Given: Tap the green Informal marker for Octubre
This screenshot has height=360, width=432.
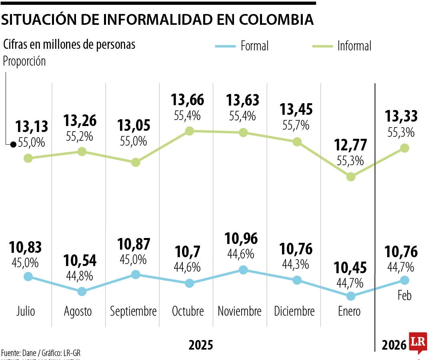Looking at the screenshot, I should [x=190, y=131].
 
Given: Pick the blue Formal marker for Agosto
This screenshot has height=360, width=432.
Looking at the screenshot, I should [x=82, y=291].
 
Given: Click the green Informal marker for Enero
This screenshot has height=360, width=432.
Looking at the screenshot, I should [x=351, y=176].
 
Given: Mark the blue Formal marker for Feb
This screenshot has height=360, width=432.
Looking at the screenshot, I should [x=404, y=280].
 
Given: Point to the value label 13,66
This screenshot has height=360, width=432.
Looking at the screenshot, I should [x=187, y=100].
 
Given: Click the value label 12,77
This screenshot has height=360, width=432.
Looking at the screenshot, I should [x=350, y=145].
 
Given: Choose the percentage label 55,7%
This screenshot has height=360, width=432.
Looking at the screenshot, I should [x=296, y=125].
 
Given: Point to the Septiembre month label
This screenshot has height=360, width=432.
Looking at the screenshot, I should [x=133, y=311].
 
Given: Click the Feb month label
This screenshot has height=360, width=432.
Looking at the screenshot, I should [x=404, y=296].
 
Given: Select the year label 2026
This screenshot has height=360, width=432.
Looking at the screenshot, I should [x=394, y=345].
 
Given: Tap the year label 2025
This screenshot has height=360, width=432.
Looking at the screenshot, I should [x=201, y=345].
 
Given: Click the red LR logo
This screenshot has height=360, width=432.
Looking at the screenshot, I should [x=418, y=342].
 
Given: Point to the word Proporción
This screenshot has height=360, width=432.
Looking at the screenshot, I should [x=24, y=62].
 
